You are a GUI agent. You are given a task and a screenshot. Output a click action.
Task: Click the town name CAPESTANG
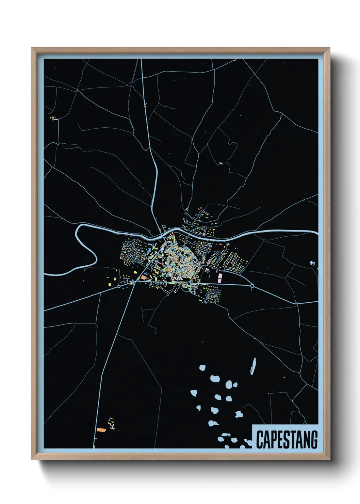coord(287,439)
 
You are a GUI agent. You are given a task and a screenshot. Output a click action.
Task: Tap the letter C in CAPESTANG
coord(260,440)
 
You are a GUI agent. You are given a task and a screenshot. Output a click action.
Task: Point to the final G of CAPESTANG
coord(314,440)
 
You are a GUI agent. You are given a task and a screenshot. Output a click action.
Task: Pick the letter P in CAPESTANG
coord(273,440)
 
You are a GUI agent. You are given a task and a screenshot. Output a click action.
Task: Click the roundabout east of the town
coord(252,286)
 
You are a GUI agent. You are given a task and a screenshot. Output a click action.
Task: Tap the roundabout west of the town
coord(119,287)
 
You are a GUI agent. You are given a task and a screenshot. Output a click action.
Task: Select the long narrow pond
coord(253,366)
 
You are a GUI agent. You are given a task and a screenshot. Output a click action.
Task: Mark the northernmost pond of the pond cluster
coord(202,368)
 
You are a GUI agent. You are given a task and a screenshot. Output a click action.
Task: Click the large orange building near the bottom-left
coord(101,430)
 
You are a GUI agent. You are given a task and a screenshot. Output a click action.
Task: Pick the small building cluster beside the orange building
coord(111,423)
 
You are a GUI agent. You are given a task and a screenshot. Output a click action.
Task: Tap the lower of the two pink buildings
coord(219,280)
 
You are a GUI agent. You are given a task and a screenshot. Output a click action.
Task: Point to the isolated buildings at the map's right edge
coord(312,263)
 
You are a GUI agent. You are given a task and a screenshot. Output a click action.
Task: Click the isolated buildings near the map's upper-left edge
coord(54,118)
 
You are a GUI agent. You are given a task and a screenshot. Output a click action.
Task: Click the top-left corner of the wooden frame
coord(32,48)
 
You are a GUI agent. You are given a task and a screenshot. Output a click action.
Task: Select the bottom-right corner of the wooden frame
coord(329,459)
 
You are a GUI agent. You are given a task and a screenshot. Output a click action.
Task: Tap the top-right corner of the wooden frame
coord(329,48)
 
